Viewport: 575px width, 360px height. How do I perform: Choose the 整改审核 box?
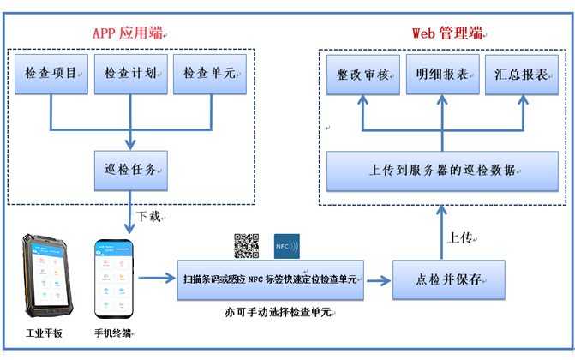point(364,74)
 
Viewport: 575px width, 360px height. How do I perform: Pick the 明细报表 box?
point(442,74)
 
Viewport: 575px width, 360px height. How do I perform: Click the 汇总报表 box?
point(521,74)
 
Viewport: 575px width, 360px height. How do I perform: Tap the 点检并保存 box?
point(441,279)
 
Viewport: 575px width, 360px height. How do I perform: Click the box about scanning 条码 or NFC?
point(271,279)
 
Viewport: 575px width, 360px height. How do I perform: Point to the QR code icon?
point(246,246)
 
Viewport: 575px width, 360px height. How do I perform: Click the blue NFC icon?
point(287,246)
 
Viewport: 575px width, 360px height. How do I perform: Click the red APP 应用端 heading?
point(128,33)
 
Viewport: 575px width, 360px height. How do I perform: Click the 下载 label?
point(148,217)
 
